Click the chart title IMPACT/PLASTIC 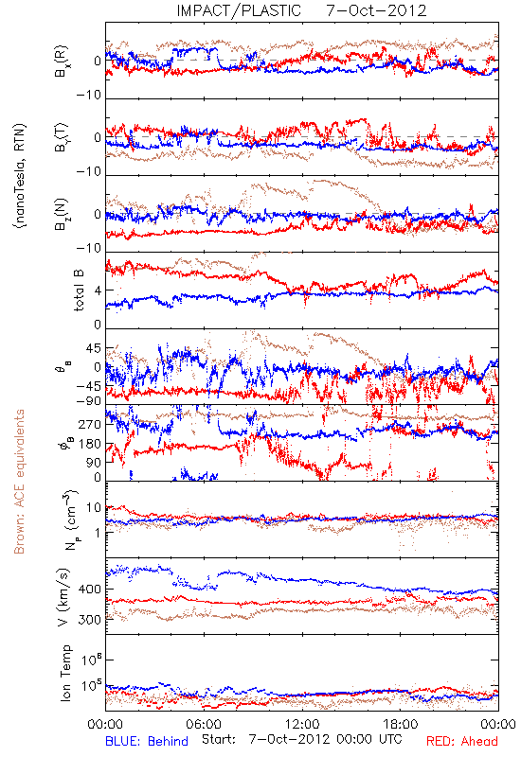click(x=239, y=10)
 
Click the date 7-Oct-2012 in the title click(x=376, y=10)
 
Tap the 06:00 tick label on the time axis click(x=204, y=724)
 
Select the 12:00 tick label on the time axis click(x=302, y=724)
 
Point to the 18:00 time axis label click(x=401, y=724)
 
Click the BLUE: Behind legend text click(x=147, y=741)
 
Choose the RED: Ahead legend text click(x=461, y=741)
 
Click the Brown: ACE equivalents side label click(x=19, y=482)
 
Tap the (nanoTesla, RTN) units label click(x=20, y=176)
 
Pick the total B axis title click(x=79, y=290)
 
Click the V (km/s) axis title click(x=64, y=597)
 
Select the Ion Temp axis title click(x=65, y=673)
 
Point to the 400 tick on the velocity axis click(x=89, y=589)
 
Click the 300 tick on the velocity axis click(x=89, y=620)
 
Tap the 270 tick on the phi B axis click(x=90, y=424)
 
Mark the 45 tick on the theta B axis click(x=94, y=348)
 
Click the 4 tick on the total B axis click(x=98, y=290)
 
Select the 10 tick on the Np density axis click(x=94, y=508)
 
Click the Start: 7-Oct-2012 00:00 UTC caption click(x=302, y=740)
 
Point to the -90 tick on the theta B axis click(x=89, y=401)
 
